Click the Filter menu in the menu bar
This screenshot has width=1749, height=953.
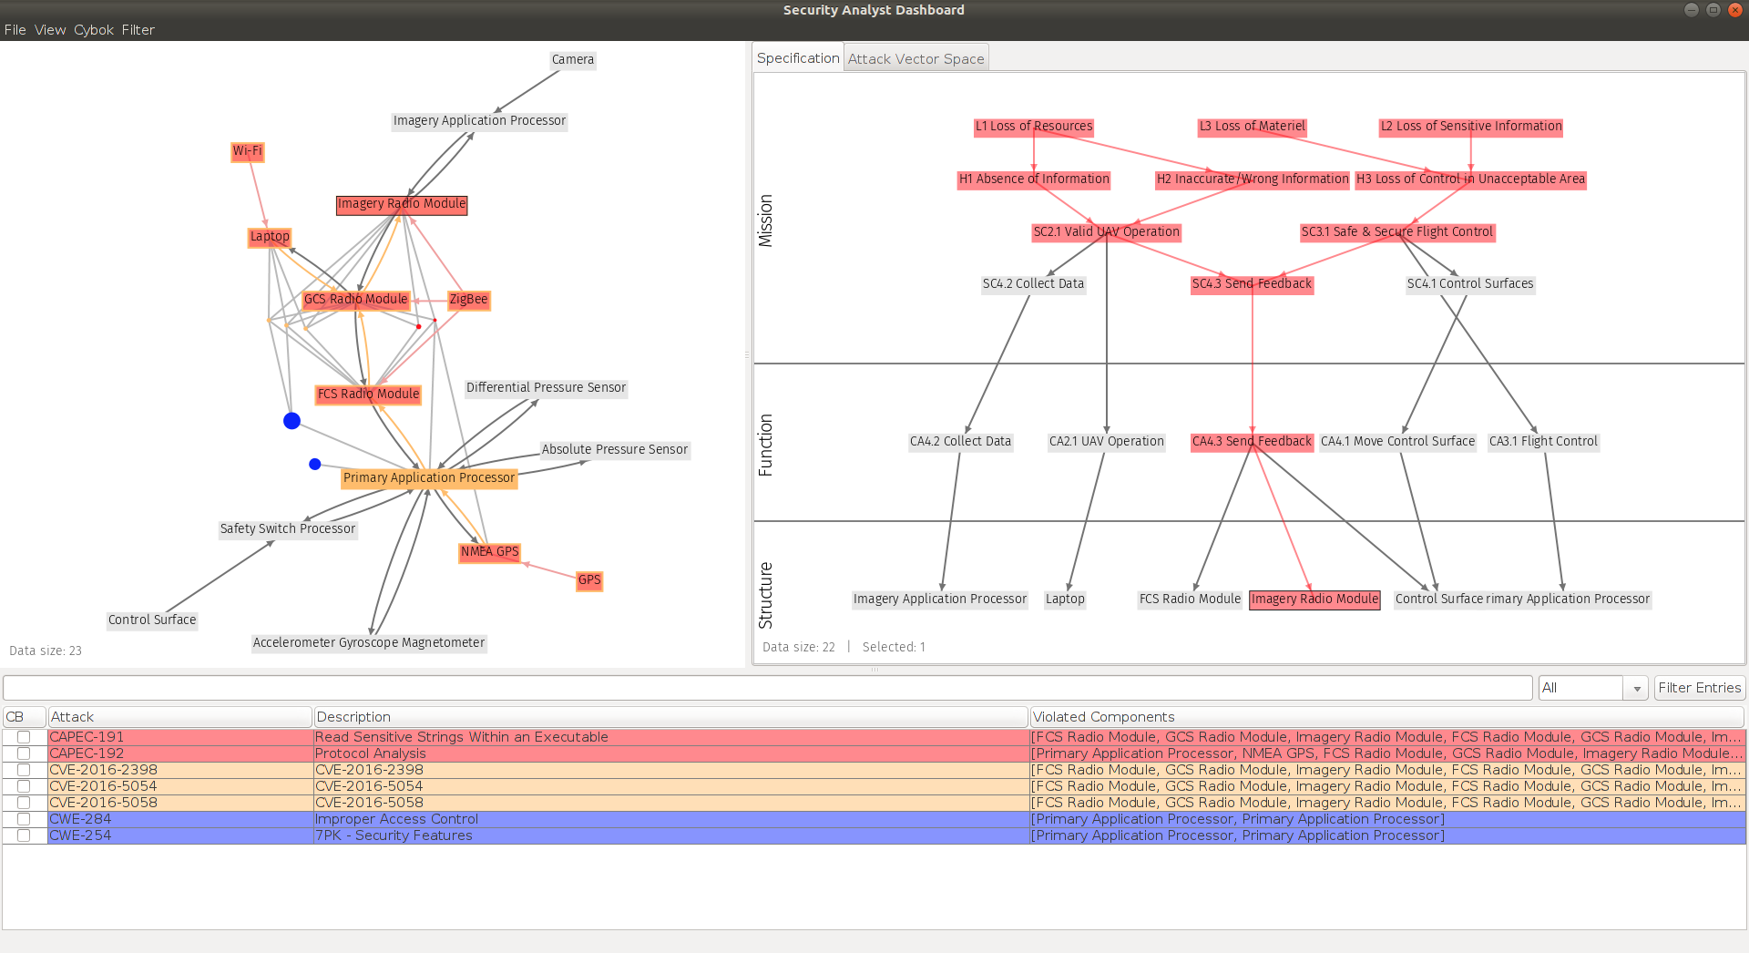(x=138, y=30)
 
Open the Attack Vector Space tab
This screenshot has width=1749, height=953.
(x=915, y=59)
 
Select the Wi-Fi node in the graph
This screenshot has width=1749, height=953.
(x=247, y=151)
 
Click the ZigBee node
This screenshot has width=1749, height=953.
(x=468, y=300)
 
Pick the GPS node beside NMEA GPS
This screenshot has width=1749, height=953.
(x=589, y=580)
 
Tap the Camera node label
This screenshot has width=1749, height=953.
(x=573, y=60)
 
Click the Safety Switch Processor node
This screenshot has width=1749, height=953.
(x=288, y=529)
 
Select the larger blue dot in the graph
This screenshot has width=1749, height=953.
(x=291, y=421)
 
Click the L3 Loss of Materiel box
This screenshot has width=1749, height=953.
(x=1252, y=127)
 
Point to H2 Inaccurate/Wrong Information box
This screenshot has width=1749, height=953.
(x=1253, y=179)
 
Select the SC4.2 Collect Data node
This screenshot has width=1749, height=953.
(x=1033, y=284)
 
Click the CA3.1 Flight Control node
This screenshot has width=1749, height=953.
(x=1543, y=442)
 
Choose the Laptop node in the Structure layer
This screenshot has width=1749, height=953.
(x=1065, y=599)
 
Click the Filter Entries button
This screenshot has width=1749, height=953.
(x=1699, y=688)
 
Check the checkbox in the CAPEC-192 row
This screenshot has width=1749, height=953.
(x=24, y=753)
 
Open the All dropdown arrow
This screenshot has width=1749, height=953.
(x=1637, y=689)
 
